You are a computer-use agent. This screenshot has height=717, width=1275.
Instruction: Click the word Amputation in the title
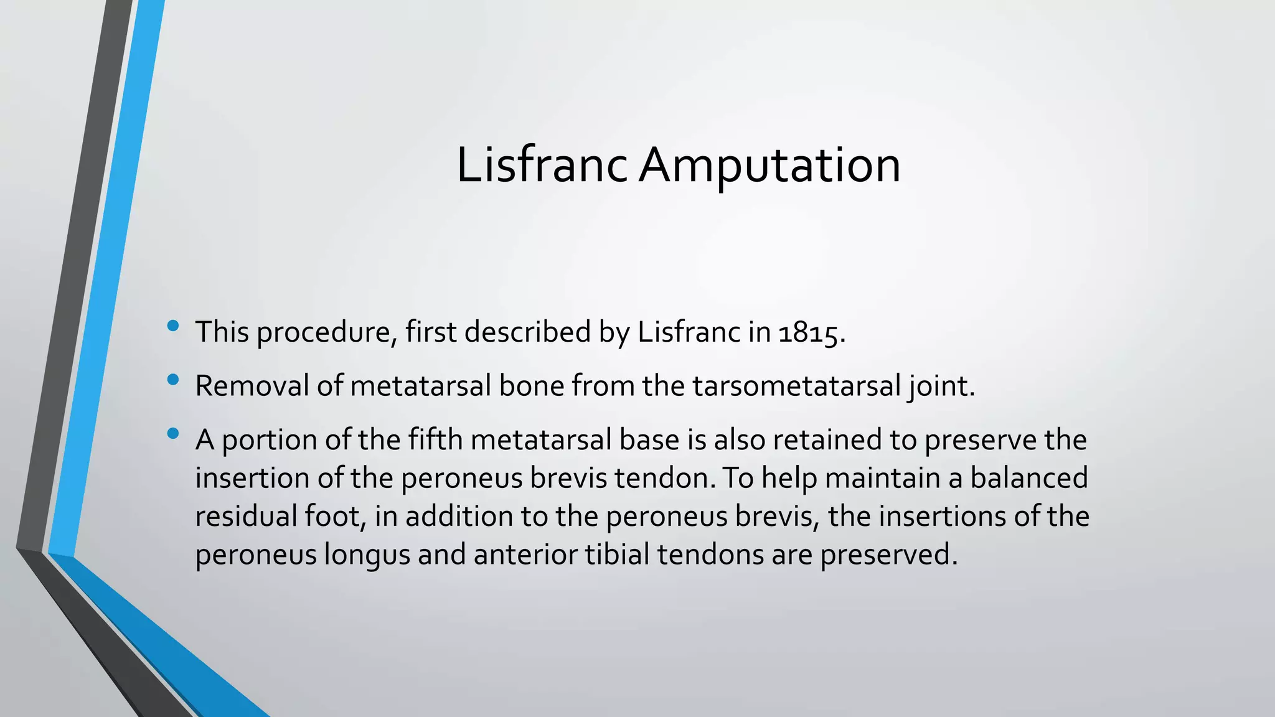pyautogui.click(x=770, y=166)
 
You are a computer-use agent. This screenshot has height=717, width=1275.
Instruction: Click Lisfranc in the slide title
pyautogui.click(x=542, y=166)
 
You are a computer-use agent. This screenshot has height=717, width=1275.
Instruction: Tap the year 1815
pyautogui.click(x=808, y=332)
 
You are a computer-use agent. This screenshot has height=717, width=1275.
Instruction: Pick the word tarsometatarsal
pyautogui.click(x=796, y=386)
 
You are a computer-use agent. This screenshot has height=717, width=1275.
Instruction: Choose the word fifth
pyautogui.click(x=435, y=439)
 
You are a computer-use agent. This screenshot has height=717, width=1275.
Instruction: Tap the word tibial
pyautogui.click(x=617, y=554)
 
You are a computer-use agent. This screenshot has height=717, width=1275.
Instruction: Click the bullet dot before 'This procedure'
pyautogui.click(x=173, y=326)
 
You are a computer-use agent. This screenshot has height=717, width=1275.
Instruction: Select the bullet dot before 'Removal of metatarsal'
pyautogui.click(x=173, y=379)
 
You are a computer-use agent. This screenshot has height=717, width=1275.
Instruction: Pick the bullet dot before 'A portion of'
pyautogui.click(x=173, y=433)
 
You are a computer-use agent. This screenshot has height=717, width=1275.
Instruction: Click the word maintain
pyautogui.click(x=884, y=478)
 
